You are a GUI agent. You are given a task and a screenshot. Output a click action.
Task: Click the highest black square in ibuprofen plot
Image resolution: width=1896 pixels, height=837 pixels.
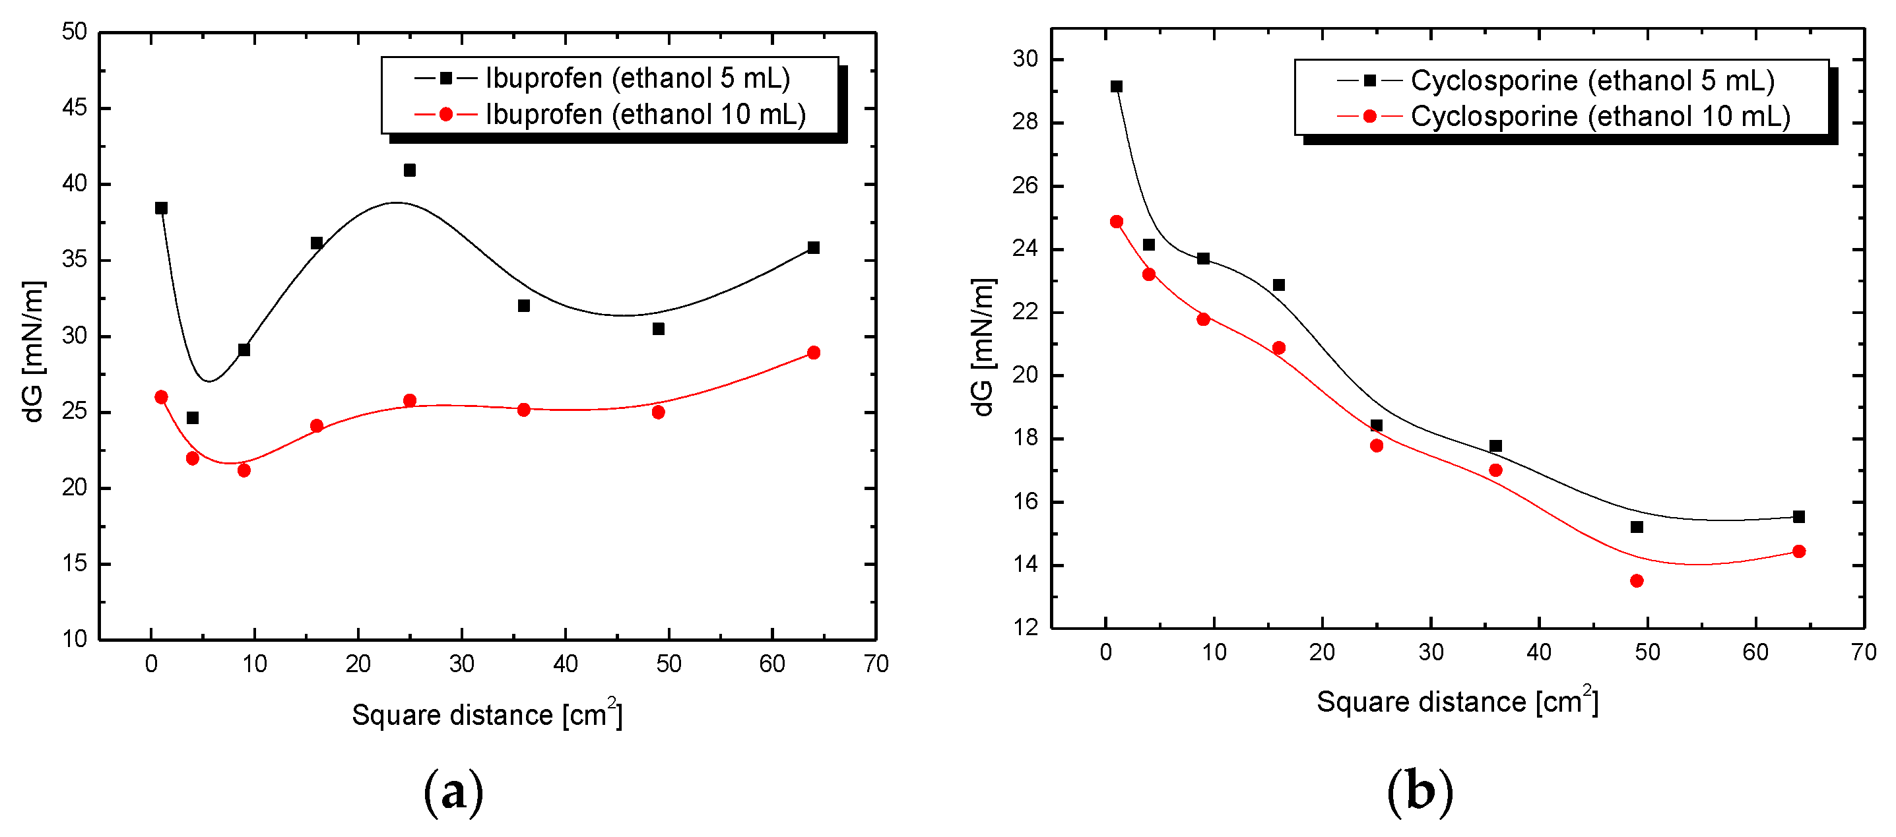(x=410, y=170)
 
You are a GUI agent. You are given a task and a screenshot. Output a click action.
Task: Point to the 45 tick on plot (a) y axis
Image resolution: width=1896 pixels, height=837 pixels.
(x=75, y=108)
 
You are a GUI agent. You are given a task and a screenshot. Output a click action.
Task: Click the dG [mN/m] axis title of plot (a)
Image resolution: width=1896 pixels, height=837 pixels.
(x=34, y=351)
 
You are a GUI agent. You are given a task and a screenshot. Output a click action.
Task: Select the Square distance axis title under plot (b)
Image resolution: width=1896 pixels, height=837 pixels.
(x=1456, y=701)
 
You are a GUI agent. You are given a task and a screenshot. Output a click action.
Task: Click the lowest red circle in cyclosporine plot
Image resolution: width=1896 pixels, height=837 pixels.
(x=1636, y=581)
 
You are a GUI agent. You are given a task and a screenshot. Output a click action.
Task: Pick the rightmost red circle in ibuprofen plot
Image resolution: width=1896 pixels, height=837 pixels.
(x=813, y=353)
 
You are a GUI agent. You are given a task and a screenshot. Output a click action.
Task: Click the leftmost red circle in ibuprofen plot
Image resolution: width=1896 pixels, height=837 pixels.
(x=161, y=397)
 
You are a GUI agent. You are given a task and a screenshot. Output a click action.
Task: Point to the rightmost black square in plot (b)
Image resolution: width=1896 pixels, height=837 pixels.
(x=1798, y=517)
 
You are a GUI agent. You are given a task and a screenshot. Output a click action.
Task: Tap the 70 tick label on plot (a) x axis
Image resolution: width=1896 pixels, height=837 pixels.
(x=876, y=664)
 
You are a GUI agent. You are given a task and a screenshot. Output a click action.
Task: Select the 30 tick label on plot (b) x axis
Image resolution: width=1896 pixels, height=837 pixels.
(x=1430, y=652)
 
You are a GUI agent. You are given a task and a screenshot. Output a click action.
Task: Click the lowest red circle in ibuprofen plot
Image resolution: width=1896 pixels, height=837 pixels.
(x=244, y=471)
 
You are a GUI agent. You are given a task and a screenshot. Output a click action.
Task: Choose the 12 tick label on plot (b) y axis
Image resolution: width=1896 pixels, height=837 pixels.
(x=1026, y=627)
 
